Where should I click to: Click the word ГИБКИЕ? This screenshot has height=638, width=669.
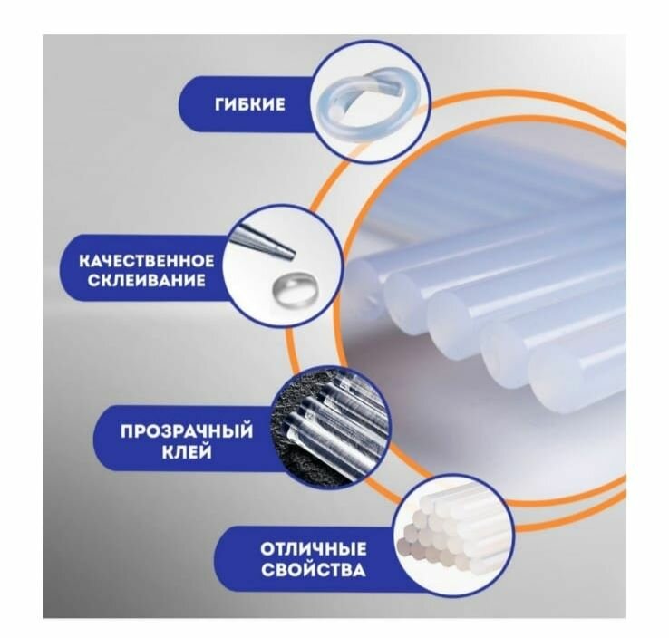[x=250, y=104]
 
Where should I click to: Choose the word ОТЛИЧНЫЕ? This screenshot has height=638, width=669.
[x=314, y=549]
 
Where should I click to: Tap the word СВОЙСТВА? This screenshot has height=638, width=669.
[x=314, y=571]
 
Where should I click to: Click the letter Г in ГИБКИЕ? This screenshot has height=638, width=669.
[x=220, y=104]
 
